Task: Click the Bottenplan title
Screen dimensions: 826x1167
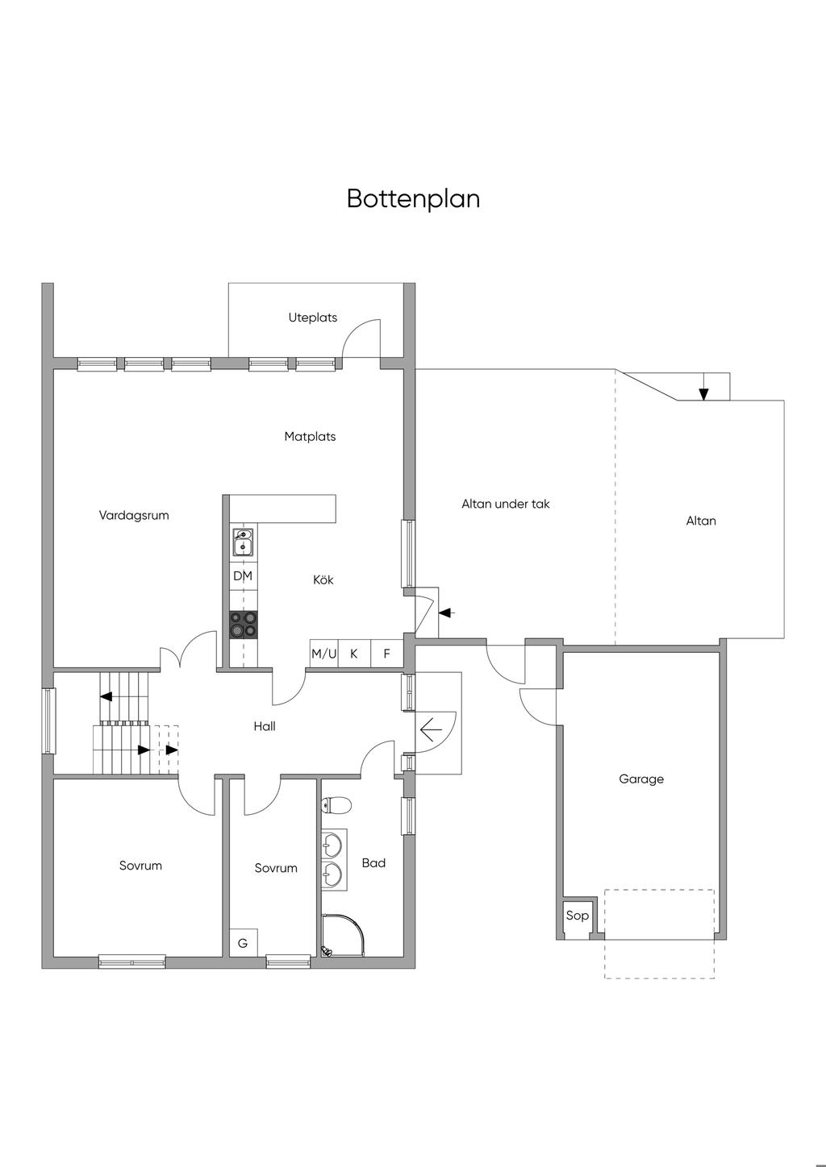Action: [x=413, y=198]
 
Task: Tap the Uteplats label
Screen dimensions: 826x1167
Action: [x=313, y=318]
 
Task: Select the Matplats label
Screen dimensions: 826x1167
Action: [x=310, y=437]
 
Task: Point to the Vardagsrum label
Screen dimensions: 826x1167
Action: [x=134, y=516]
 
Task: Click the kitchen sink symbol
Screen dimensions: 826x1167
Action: [x=243, y=542]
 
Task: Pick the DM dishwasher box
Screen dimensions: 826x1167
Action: [x=243, y=576]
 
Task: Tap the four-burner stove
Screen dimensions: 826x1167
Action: [x=244, y=625]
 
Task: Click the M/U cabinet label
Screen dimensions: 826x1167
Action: [x=324, y=654]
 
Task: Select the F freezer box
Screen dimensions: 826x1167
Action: [x=387, y=654]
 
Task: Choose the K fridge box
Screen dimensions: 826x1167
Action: [x=354, y=654]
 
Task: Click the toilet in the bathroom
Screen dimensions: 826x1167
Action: [x=336, y=804]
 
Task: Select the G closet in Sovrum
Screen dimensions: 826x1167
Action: [x=242, y=943]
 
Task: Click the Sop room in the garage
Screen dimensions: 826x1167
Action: [x=577, y=916]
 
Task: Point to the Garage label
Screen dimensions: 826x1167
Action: [x=641, y=779]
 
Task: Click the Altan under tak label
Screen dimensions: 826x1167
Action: [x=506, y=505]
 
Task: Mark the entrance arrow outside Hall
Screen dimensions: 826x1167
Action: [x=432, y=729]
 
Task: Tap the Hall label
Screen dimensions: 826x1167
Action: [x=265, y=727]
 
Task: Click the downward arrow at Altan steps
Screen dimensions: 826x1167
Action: [x=703, y=392]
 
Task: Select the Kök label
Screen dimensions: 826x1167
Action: [x=323, y=580]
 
